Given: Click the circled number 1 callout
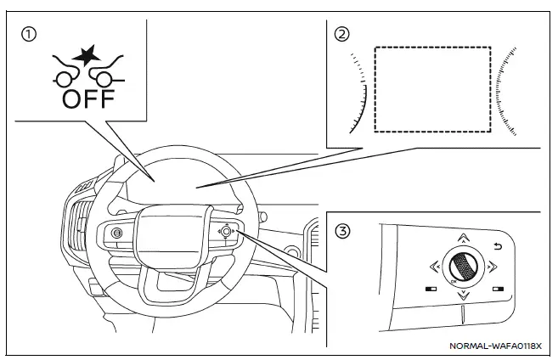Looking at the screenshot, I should [29, 35].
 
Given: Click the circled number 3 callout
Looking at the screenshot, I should [341, 230].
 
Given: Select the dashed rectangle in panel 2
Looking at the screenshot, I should [432, 88].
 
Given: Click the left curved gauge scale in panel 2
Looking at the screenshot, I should [359, 93].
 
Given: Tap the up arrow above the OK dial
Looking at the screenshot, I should [461, 239].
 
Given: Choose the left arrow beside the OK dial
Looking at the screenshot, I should [433, 267].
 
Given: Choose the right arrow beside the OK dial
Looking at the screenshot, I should [490, 267].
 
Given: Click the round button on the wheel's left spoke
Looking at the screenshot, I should [116, 233].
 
